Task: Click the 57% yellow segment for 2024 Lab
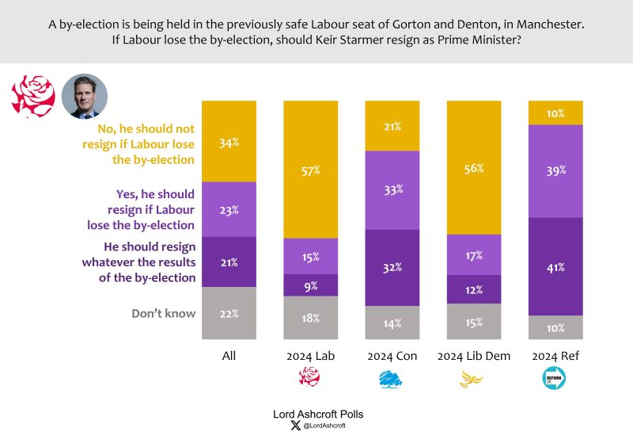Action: click(x=310, y=170)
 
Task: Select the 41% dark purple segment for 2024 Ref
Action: click(x=555, y=266)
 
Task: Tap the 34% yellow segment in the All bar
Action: click(x=229, y=142)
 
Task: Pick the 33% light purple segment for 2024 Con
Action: click(x=392, y=189)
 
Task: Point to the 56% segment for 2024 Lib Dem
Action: click(x=473, y=168)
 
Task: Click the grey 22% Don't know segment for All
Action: click(x=229, y=314)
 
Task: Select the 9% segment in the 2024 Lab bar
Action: click(x=310, y=285)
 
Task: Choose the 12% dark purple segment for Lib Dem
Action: click(x=473, y=288)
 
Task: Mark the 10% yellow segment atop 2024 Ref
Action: click(x=555, y=113)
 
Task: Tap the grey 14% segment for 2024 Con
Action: click(x=392, y=323)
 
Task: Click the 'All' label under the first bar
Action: click(x=229, y=356)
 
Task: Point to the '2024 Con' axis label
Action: click(x=392, y=356)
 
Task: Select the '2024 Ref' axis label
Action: click(x=555, y=356)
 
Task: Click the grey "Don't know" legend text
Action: click(x=163, y=313)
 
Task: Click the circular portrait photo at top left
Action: click(x=84, y=97)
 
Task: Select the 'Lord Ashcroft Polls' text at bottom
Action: click(x=316, y=414)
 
